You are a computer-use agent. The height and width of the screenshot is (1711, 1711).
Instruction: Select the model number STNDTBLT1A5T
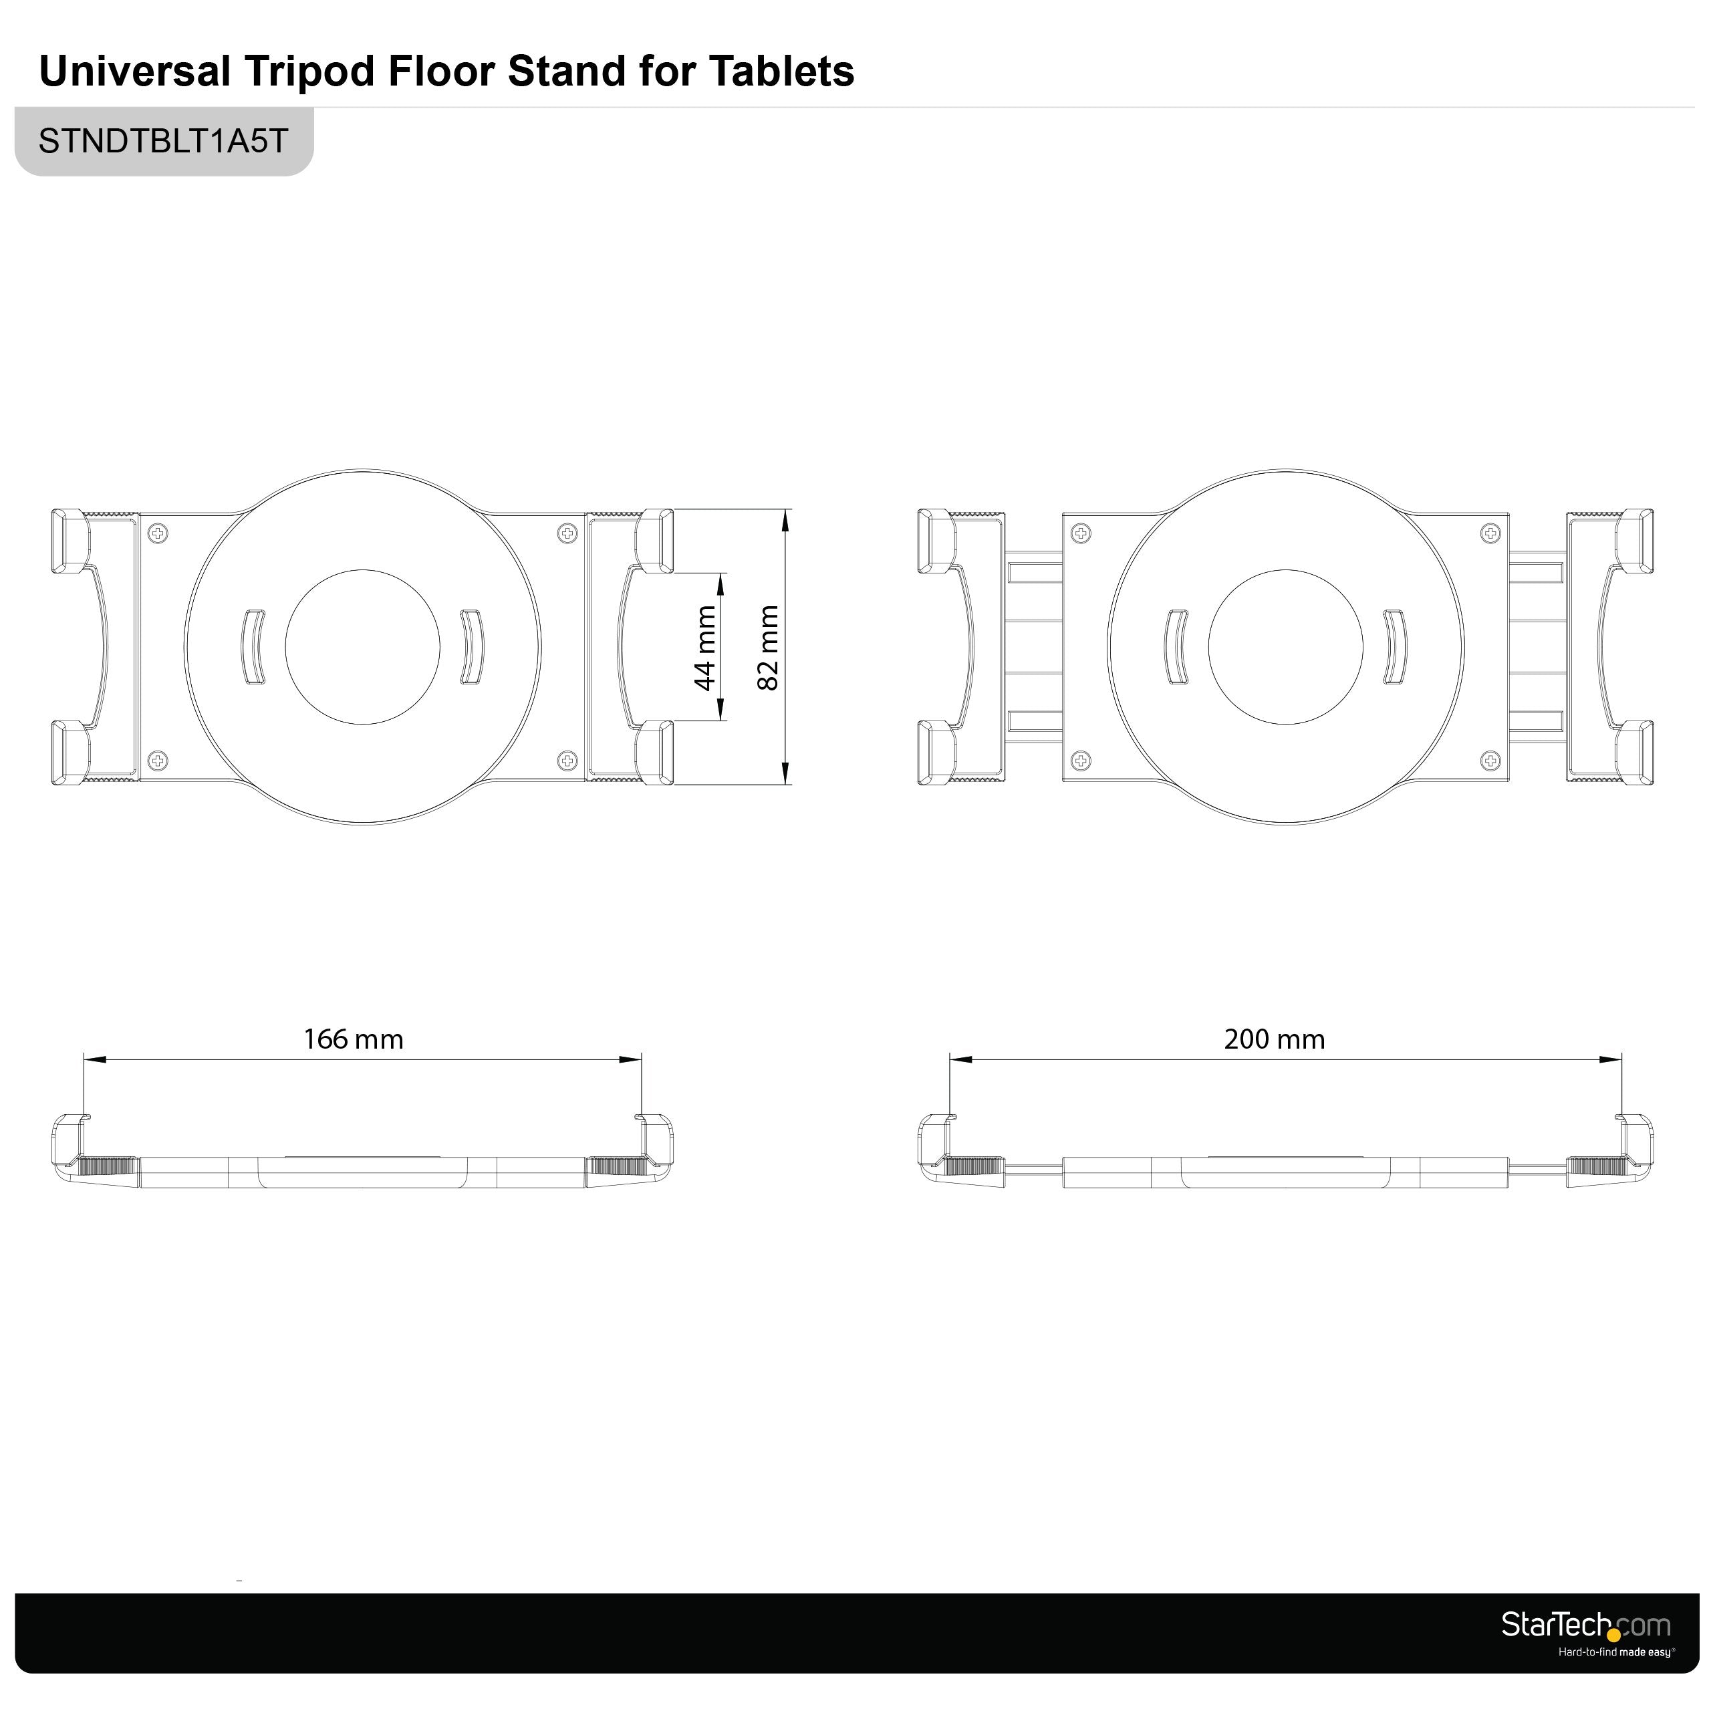tap(164, 141)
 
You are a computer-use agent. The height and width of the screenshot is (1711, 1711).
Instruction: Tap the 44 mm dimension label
tap(705, 648)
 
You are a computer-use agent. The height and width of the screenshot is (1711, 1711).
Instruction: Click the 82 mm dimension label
tap(768, 648)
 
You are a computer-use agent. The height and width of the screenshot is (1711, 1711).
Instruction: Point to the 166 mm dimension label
tap(354, 1039)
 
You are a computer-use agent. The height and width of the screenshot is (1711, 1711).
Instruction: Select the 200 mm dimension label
tap(1275, 1039)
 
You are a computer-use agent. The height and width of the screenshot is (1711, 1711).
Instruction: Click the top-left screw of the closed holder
tap(158, 533)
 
